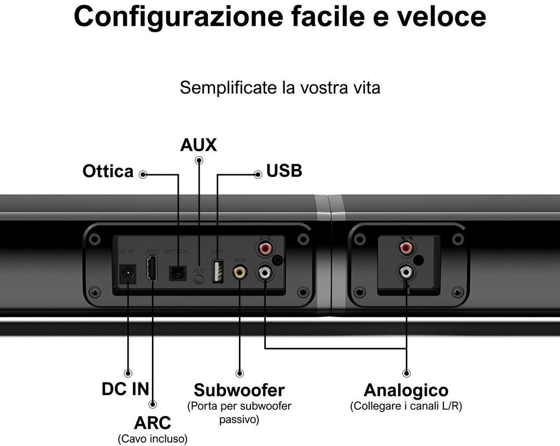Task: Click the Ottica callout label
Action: coord(108,172)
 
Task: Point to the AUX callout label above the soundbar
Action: coord(199,145)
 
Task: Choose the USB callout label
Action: coord(284,171)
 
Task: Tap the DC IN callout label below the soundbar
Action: coord(125,389)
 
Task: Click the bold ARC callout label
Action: coord(153,422)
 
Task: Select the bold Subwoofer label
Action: coord(239,390)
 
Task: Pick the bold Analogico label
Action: coord(406,390)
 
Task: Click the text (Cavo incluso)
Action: coord(153,438)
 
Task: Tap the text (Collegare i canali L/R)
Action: coord(406,406)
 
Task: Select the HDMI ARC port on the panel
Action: coord(152,268)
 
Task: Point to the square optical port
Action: coord(177,273)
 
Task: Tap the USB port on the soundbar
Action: coord(217,271)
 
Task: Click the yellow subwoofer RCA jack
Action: coord(239,271)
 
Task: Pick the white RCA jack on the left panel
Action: coord(265,271)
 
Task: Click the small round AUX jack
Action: coord(199,278)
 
